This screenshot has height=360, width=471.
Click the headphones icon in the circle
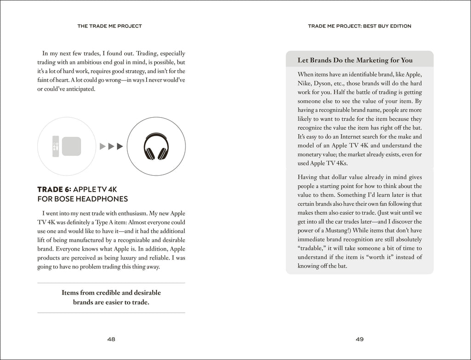[156, 146]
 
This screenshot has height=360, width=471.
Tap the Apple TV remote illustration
[55, 146]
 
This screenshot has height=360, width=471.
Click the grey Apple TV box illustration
[71, 146]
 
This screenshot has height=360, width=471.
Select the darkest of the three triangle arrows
[120, 146]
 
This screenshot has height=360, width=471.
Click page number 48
[111, 339]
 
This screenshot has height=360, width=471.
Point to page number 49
[360, 339]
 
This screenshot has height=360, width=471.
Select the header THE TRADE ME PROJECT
[109, 26]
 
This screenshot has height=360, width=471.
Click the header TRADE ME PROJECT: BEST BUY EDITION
[360, 26]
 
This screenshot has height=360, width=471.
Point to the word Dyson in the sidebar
[339, 84]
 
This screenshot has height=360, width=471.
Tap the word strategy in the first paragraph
[144, 71]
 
